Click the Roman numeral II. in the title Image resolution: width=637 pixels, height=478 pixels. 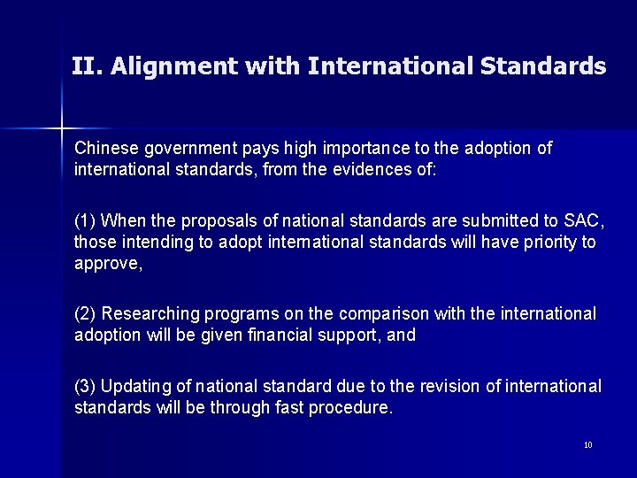[x=86, y=66]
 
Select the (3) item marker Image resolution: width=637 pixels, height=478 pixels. [x=88, y=388]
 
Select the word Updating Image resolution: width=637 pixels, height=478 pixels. [x=134, y=388]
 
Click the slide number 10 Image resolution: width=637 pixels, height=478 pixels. [x=588, y=445]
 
